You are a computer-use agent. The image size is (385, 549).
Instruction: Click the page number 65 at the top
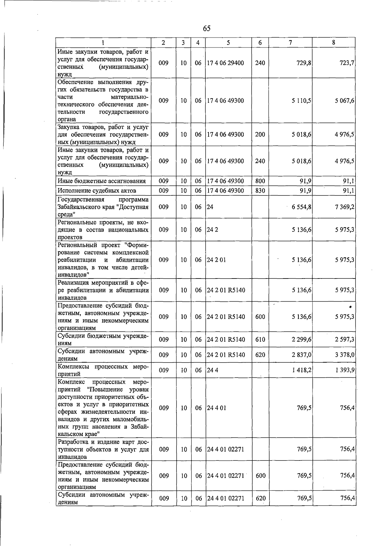207,29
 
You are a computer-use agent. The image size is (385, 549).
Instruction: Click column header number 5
228,43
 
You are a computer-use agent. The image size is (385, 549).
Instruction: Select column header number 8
334,43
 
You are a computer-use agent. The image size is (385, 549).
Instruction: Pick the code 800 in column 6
260,181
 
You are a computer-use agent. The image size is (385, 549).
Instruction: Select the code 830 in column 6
260,191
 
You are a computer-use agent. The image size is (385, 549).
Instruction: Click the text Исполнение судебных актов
97,191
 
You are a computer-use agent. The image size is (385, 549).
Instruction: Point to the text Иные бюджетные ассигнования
102,181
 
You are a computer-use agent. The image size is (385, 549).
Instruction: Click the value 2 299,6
302,339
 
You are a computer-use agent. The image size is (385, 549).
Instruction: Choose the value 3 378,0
345,355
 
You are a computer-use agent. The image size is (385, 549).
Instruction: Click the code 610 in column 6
260,339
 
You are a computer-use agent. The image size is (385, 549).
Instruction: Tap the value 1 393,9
345,370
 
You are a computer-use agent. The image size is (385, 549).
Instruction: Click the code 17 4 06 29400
225,63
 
